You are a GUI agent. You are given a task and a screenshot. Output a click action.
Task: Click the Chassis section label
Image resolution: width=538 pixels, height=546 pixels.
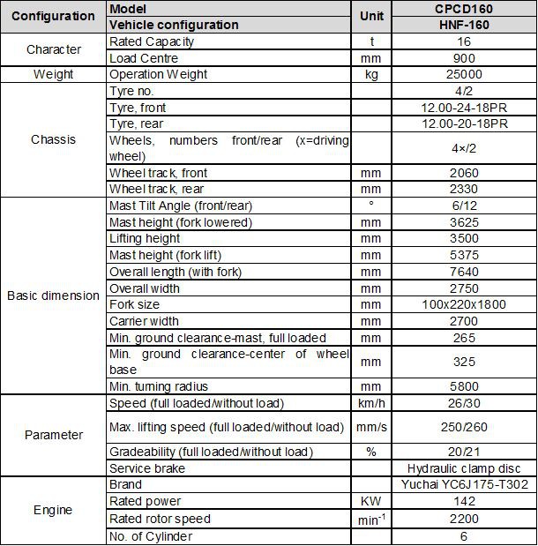[53, 139]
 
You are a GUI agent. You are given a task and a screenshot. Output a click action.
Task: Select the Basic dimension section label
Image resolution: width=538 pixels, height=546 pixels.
[53, 295]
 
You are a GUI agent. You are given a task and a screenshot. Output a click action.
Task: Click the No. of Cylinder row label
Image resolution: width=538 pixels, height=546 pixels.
[150, 535]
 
